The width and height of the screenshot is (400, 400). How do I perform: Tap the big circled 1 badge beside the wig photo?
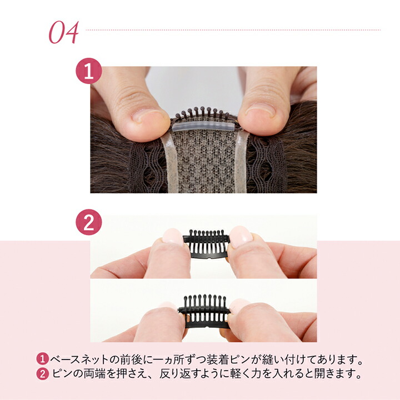[88, 73]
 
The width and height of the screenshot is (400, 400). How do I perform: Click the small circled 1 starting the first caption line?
[43, 358]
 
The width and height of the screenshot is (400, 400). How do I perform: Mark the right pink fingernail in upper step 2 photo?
[241, 236]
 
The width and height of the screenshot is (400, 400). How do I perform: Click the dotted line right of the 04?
[233, 29]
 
